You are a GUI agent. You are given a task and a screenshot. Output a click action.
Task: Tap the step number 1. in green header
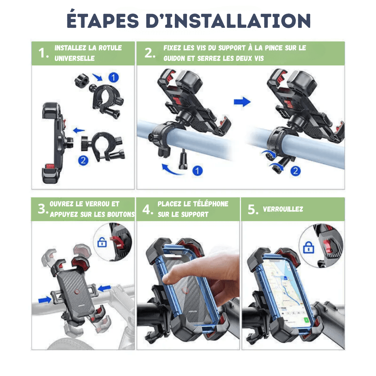(x=44, y=53)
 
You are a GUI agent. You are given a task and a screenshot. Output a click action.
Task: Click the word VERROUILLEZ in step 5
(x=283, y=209)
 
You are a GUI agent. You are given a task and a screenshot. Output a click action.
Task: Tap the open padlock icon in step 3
(x=102, y=242)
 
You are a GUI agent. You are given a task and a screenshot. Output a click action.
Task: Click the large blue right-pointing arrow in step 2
(x=242, y=102)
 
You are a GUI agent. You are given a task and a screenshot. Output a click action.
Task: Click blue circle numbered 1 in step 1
(x=114, y=78)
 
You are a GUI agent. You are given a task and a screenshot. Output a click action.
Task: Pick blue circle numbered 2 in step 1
(x=83, y=160)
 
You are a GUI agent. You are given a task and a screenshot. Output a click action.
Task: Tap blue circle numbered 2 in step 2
(x=296, y=171)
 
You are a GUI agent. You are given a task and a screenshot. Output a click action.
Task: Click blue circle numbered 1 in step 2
(x=197, y=170)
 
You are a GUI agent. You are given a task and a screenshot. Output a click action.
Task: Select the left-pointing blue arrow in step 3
(x=105, y=288)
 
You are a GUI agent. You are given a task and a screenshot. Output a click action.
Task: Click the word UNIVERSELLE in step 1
(x=74, y=58)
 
